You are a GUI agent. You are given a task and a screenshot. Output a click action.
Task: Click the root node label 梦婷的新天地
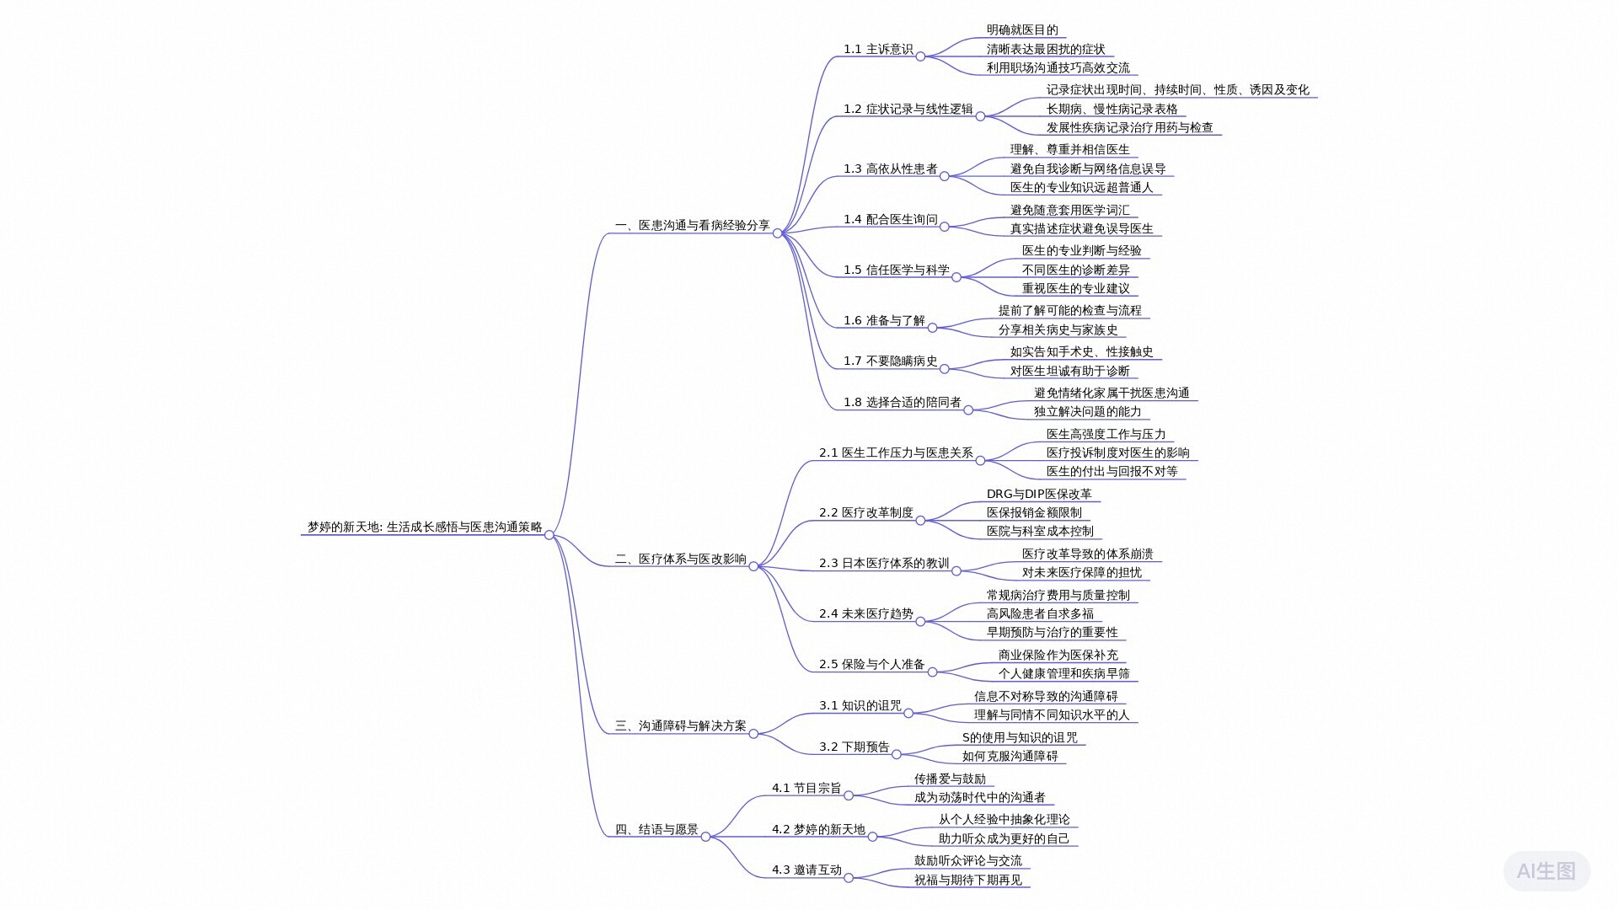[424, 527]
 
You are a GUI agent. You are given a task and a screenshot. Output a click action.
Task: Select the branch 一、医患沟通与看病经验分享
[692, 226]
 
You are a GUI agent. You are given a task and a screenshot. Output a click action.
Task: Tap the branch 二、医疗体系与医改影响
[680, 559]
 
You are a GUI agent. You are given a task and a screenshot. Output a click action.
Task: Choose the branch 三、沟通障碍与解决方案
[680, 726]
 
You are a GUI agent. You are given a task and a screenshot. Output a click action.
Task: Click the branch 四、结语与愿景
[656, 830]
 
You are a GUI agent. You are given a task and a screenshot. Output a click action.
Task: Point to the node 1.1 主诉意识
[878, 50]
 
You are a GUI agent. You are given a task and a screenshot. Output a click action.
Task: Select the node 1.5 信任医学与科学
[896, 270]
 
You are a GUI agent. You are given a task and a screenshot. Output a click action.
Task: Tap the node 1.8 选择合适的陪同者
[902, 403]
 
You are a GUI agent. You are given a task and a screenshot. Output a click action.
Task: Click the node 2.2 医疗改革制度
[865, 513]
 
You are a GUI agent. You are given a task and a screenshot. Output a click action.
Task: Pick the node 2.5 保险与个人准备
[871, 665]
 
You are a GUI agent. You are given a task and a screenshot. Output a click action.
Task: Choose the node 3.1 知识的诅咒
[860, 706]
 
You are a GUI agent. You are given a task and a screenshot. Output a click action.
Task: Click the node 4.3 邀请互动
[806, 870]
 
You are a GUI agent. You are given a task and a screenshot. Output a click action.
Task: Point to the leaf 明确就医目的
[1022, 30]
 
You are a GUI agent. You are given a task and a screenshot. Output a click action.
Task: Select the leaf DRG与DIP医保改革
[1039, 495]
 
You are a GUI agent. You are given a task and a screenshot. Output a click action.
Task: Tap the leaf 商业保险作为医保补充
[1058, 656]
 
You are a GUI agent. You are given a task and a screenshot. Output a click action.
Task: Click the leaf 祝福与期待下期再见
[967, 881]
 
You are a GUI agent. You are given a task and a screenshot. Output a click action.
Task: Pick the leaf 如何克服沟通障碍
[1010, 757]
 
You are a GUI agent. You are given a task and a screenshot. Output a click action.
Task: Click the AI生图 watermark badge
[1546, 871]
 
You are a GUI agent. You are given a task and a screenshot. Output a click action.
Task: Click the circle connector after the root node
[549, 535]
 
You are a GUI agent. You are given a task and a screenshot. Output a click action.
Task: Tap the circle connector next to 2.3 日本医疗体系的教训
[956, 571]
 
